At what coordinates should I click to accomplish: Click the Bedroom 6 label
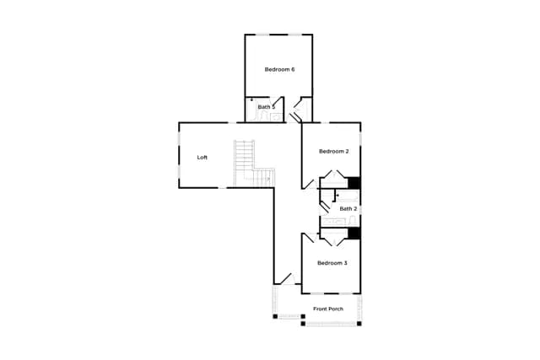pyautogui.click(x=279, y=69)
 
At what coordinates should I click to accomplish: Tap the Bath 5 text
pyautogui.click(x=267, y=107)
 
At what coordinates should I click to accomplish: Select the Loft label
pyautogui.click(x=202, y=158)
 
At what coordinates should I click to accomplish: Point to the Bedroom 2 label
pyautogui.click(x=334, y=152)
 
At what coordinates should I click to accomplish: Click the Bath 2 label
pyautogui.click(x=348, y=209)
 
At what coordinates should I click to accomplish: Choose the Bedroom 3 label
pyautogui.click(x=332, y=263)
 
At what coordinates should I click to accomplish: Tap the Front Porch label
pyautogui.click(x=328, y=309)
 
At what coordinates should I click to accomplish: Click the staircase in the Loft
pyautogui.click(x=254, y=164)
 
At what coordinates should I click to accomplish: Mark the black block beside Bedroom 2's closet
pyautogui.click(x=354, y=183)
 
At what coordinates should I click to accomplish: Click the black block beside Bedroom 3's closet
pyautogui.click(x=354, y=233)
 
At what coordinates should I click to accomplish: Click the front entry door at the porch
pyautogui.click(x=288, y=279)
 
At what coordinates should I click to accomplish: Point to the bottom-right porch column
pyautogui.click(x=359, y=324)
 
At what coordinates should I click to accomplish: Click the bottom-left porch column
pyautogui.click(x=275, y=317)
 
